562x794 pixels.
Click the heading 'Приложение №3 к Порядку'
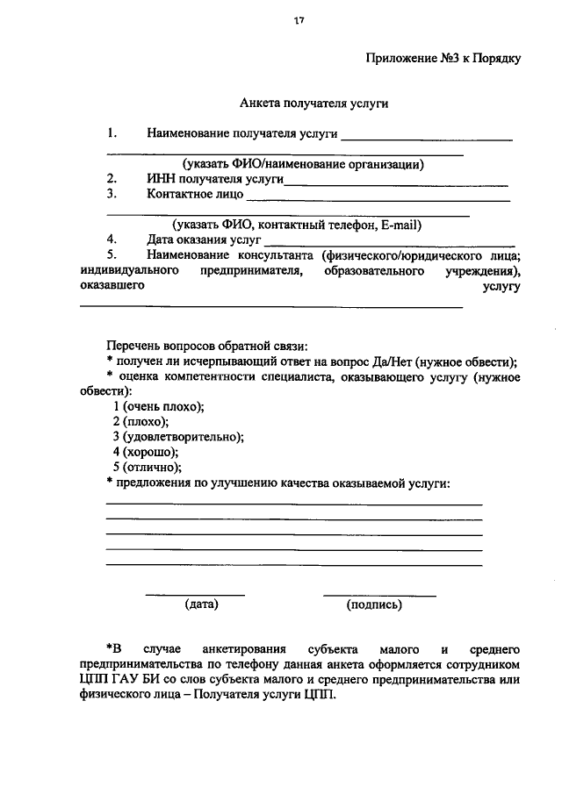(443, 60)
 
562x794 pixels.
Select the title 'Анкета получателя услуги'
(314, 103)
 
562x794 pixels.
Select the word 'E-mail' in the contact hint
(400, 224)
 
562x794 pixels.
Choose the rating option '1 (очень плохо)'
(158, 406)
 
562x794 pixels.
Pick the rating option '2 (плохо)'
(140, 422)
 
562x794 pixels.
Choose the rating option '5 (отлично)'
(147, 467)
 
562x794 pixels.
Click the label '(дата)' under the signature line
(201, 604)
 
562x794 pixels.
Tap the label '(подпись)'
(374, 604)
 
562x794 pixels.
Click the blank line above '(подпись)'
(379, 596)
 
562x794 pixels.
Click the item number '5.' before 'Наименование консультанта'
(112, 255)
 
